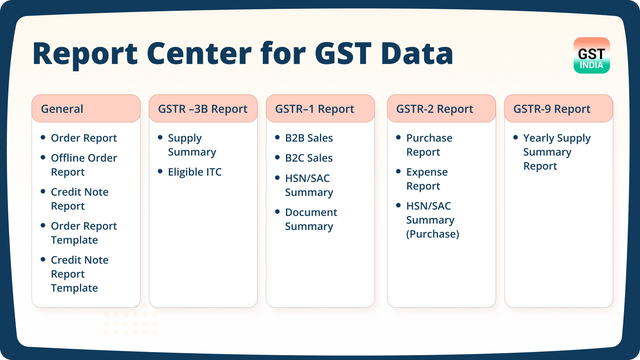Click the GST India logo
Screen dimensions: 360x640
pos(593,55)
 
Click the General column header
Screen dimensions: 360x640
pos(86,108)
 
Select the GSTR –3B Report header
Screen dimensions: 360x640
pos(202,108)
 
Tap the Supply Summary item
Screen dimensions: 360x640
pos(192,145)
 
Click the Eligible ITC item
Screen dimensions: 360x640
pos(195,172)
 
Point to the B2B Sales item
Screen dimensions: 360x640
pos(309,138)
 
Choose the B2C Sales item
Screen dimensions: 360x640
pos(309,158)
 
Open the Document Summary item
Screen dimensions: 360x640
pos(311,219)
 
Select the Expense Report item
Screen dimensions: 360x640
pos(428,179)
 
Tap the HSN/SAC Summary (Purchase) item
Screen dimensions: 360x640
pos(432,220)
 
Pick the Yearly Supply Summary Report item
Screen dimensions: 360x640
pos(556,152)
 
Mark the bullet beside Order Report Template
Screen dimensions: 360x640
pos(41,226)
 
